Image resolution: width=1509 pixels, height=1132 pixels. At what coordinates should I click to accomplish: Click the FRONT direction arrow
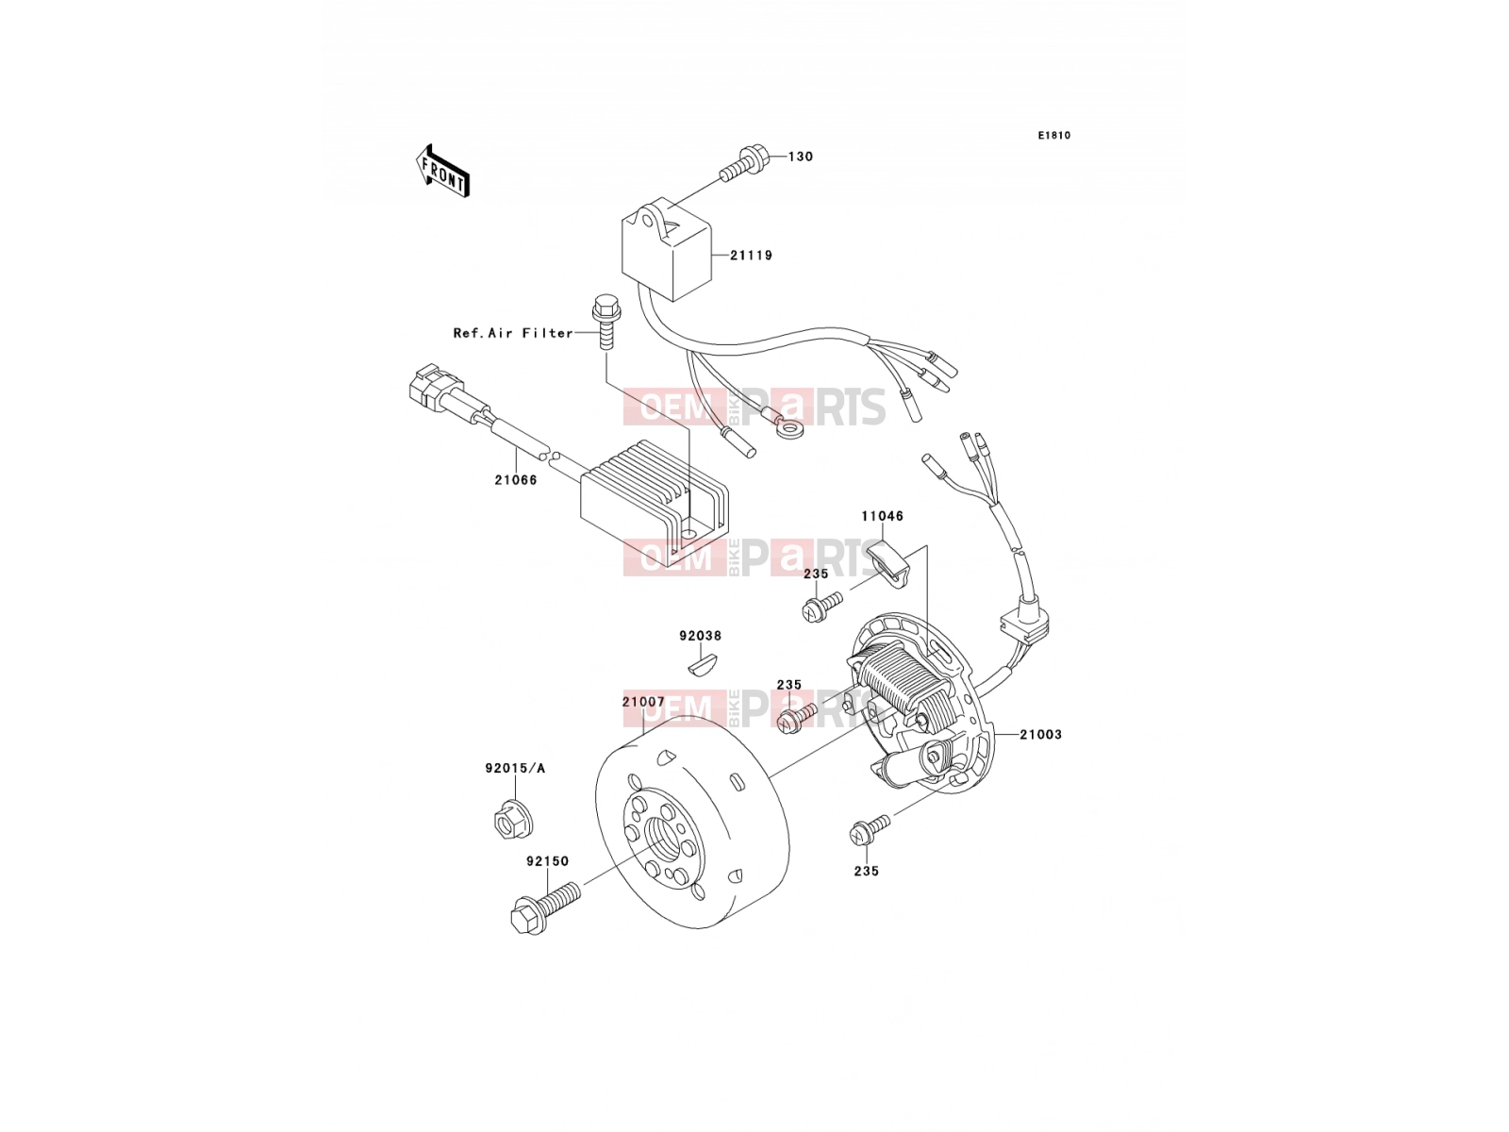pyautogui.click(x=442, y=171)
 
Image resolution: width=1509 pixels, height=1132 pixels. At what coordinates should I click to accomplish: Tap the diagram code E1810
pyautogui.click(x=1053, y=136)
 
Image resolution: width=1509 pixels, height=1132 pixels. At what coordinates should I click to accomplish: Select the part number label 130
pyautogui.click(x=800, y=157)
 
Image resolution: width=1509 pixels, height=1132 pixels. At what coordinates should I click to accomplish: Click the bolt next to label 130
pyautogui.click(x=743, y=162)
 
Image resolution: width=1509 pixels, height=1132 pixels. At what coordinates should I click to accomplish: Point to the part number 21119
pyautogui.click(x=752, y=256)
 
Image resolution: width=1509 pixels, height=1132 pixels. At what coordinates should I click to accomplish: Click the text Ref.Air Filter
pyautogui.click(x=513, y=333)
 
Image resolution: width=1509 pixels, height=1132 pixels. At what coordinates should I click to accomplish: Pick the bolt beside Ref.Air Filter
pyautogui.click(x=605, y=322)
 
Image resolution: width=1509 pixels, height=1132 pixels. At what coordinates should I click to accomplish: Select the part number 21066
pyautogui.click(x=516, y=480)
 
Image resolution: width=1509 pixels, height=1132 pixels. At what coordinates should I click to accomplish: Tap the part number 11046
pyautogui.click(x=883, y=516)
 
